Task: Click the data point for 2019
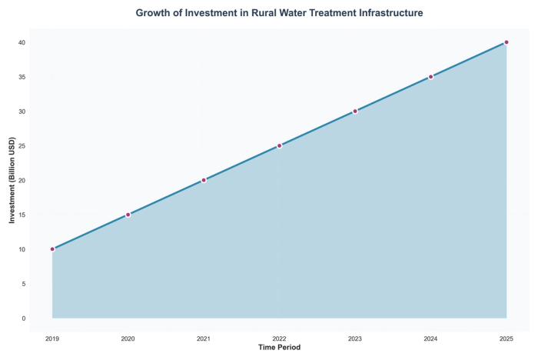click(52, 249)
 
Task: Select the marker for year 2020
click(128, 215)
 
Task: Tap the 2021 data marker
click(204, 180)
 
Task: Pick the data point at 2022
click(279, 145)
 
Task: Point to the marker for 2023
click(355, 111)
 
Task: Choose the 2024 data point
click(430, 77)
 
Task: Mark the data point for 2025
click(506, 42)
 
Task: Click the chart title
click(279, 13)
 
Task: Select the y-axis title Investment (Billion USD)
click(12, 180)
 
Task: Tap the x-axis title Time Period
click(279, 348)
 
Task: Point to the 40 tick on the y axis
click(23, 42)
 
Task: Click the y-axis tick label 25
click(23, 145)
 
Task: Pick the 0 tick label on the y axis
click(25, 318)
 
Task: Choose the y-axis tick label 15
click(23, 215)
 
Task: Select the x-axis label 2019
click(52, 338)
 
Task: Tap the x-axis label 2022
click(279, 338)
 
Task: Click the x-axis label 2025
click(506, 338)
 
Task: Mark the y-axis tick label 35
click(23, 77)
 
